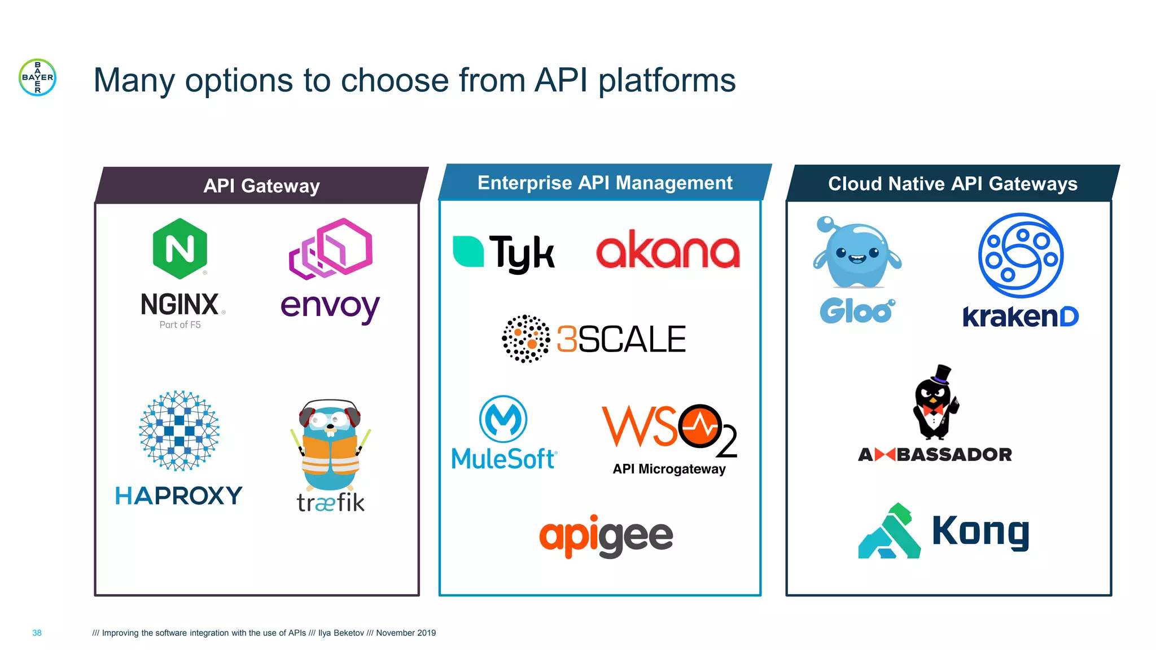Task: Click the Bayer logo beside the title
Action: click(37, 77)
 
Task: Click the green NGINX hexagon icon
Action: click(180, 249)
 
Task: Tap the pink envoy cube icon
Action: click(331, 248)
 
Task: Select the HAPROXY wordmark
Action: click(178, 496)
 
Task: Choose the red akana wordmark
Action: click(668, 251)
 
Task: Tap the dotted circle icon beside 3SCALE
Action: click(526, 339)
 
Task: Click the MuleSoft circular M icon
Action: click(503, 419)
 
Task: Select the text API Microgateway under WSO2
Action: click(669, 469)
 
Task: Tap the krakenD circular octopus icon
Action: click(1021, 255)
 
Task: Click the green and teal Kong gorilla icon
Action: click(889, 532)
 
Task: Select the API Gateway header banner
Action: click(261, 186)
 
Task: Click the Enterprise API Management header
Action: click(605, 183)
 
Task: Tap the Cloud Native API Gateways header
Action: click(952, 183)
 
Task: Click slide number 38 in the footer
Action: click(37, 633)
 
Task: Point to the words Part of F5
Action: click(180, 325)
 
